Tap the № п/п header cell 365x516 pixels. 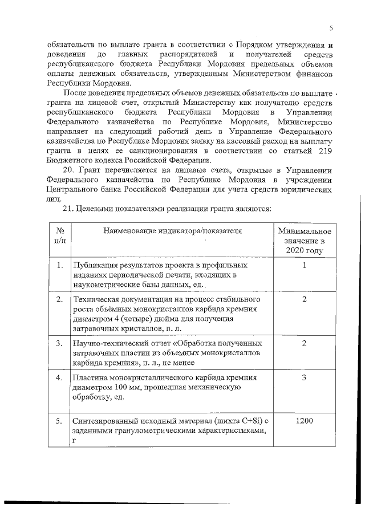60,235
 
